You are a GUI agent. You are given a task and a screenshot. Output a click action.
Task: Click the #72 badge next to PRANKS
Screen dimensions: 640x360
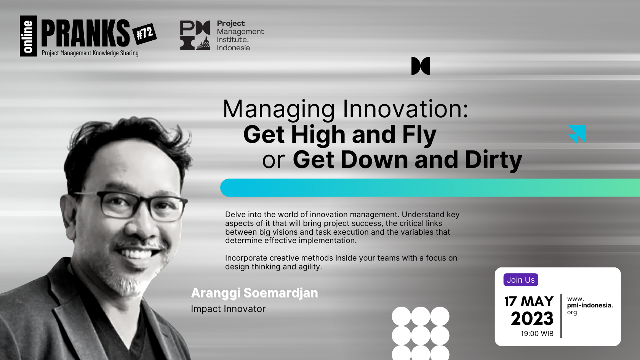(145, 34)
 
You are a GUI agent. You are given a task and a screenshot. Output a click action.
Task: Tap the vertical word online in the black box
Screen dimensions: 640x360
(28, 36)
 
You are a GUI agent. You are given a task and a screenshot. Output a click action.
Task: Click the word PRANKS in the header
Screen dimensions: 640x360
(85, 33)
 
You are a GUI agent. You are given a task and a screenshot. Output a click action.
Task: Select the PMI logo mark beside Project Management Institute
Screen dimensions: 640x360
(195, 35)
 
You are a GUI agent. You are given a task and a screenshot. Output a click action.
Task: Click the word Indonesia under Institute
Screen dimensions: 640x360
(234, 48)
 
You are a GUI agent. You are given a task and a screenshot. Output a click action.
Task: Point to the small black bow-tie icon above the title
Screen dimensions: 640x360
(420, 66)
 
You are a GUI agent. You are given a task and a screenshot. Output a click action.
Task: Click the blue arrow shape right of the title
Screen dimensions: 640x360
(577, 134)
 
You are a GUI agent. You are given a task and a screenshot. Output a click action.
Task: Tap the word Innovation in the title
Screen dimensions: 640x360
(406, 109)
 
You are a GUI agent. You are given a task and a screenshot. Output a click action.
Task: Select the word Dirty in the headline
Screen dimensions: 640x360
(493, 160)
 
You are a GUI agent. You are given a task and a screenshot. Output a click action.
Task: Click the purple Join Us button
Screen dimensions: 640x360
(520, 280)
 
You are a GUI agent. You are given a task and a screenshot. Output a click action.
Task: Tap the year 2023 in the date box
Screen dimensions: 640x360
(532, 318)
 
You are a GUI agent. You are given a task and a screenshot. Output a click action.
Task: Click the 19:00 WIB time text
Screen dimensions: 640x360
(537, 333)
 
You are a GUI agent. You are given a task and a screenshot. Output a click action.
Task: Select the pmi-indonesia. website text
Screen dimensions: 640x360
(590, 306)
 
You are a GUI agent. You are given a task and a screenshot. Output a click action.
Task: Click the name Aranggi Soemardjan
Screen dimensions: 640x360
(254, 293)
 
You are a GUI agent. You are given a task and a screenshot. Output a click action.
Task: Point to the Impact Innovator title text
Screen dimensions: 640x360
(228, 309)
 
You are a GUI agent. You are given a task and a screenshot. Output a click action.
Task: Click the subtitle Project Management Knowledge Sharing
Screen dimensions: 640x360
(90, 53)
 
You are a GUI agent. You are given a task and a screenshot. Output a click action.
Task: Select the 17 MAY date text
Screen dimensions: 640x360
(529, 302)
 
